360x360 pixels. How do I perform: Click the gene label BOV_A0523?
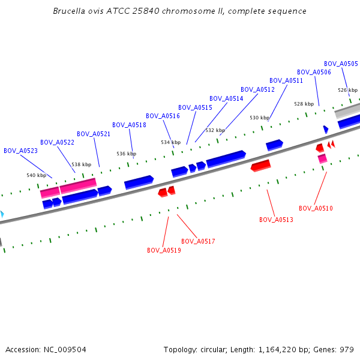pos(20,151)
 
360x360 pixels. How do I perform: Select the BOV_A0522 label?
pos(57,142)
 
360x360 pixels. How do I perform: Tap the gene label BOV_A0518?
pos(129,125)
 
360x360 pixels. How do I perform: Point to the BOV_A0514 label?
pos(226,98)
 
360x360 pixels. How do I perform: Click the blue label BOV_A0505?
pos(341,64)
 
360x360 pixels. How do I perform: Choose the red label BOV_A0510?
pos(316,208)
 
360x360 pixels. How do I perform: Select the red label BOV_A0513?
pos(276,220)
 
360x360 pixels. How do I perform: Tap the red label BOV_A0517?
pos(198,241)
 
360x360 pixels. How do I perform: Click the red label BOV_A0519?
pos(164,250)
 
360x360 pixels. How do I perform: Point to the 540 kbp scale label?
pos(36,175)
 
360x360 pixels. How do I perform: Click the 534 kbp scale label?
pos(170,142)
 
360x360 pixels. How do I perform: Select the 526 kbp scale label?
pos(347,90)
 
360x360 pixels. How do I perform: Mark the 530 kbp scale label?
pos(259,118)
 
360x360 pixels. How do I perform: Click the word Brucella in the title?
pos(68,11)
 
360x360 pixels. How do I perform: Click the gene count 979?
pos(347,349)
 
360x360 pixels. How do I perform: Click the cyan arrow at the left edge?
pos(2,214)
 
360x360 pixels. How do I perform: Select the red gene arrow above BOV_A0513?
pos(260,165)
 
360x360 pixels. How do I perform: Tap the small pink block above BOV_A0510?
pos(322,158)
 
